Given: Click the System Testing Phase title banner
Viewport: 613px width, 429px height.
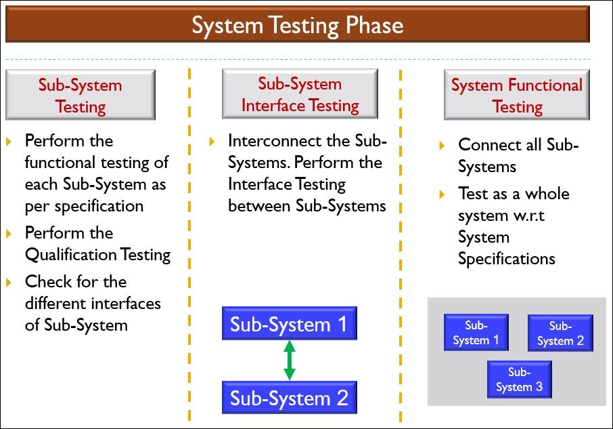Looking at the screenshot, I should click(297, 25).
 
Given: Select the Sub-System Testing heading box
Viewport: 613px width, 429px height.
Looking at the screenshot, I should click(81, 96).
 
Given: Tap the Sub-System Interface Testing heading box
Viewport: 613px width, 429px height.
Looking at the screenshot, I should click(300, 94).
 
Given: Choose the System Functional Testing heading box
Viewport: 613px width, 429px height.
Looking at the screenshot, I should click(517, 96).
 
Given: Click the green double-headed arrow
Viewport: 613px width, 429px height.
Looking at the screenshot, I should click(290, 360).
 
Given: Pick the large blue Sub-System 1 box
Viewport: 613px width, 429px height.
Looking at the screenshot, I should click(289, 324).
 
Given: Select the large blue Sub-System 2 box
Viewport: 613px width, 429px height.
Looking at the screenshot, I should click(289, 398).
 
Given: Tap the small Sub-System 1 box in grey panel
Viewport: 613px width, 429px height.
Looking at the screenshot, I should click(476, 332).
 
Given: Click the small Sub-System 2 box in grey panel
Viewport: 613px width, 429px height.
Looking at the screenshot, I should click(560, 333).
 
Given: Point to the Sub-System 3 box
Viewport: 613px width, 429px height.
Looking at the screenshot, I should click(519, 380).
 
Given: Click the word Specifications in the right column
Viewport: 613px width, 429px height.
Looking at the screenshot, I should click(506, 259).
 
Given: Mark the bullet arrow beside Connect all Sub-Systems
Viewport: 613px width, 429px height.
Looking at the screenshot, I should click(442, 146).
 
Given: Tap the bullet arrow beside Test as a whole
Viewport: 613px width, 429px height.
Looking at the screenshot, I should click(442, 195).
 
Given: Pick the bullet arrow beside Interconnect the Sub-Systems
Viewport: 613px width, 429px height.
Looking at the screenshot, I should click(212, 142).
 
